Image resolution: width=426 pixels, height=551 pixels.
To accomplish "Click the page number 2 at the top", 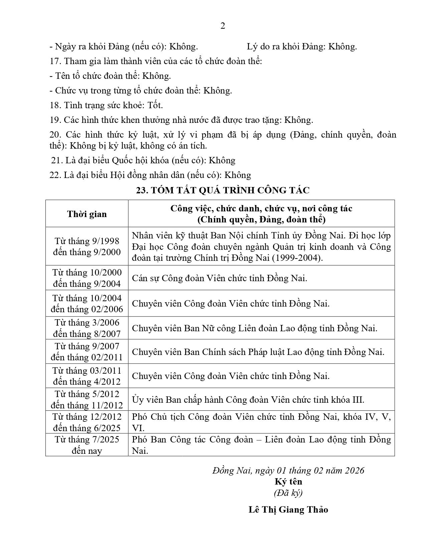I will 223,26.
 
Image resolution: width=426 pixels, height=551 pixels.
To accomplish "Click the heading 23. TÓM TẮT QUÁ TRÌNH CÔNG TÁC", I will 223,190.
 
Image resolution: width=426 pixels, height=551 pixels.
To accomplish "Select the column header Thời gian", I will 87,214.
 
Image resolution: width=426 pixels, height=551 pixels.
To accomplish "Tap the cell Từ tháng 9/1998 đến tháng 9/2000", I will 87,246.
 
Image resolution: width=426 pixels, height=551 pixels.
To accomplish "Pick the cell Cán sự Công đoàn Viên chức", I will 220,278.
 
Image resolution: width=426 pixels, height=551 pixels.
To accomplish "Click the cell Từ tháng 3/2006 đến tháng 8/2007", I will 87,328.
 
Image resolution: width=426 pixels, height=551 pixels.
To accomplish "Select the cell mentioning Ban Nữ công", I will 255,328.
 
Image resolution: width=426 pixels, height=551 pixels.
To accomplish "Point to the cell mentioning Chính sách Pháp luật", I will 258,352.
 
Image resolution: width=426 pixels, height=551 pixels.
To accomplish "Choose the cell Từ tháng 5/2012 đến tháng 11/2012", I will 87,399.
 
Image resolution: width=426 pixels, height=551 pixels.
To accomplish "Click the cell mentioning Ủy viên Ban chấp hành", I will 248,400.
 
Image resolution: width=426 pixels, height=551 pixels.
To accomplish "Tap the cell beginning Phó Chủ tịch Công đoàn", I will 261,422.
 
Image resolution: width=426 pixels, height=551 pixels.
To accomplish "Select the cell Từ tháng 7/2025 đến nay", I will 87,445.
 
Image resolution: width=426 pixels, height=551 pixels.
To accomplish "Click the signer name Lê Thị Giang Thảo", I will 288,510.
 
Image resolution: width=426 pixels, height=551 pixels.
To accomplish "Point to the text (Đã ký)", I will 288,493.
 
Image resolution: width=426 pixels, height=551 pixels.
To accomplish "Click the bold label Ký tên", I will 288,482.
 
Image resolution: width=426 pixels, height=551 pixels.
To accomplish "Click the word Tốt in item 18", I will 155,105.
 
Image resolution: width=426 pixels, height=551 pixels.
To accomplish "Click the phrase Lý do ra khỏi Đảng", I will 286,46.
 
